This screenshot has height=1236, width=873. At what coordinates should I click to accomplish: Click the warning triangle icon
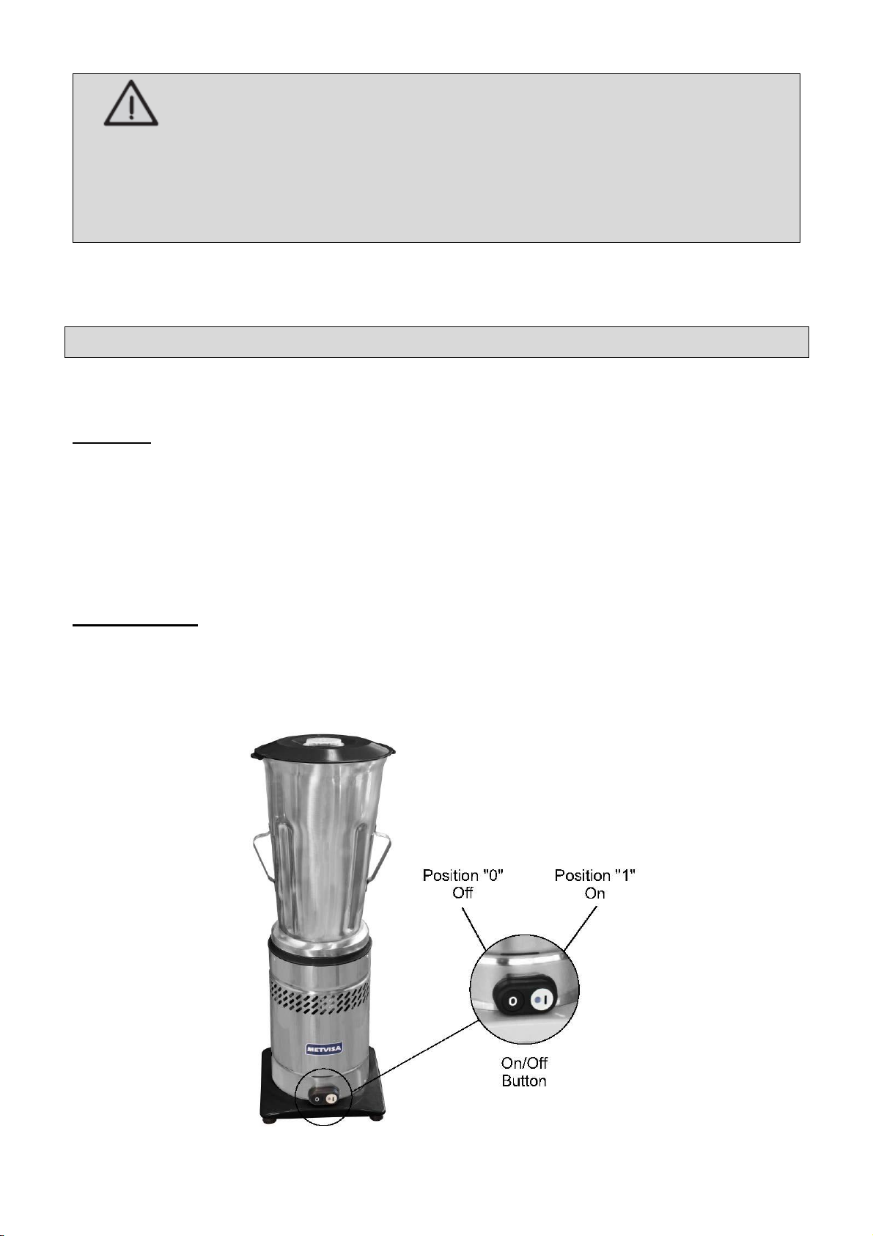tap(130, 103)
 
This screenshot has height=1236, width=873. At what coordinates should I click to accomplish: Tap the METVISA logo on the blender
tap(324, 1049)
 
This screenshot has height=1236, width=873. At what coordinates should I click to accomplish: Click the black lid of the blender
tap(323, 745)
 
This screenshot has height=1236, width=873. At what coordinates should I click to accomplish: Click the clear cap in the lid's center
tap(324, 739)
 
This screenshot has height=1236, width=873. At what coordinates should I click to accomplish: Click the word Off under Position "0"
tap(463, 893)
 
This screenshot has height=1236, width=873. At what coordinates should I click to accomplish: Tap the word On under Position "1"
tap(594, 893)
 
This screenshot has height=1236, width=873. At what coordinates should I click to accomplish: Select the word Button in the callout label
tap(524, 1081)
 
